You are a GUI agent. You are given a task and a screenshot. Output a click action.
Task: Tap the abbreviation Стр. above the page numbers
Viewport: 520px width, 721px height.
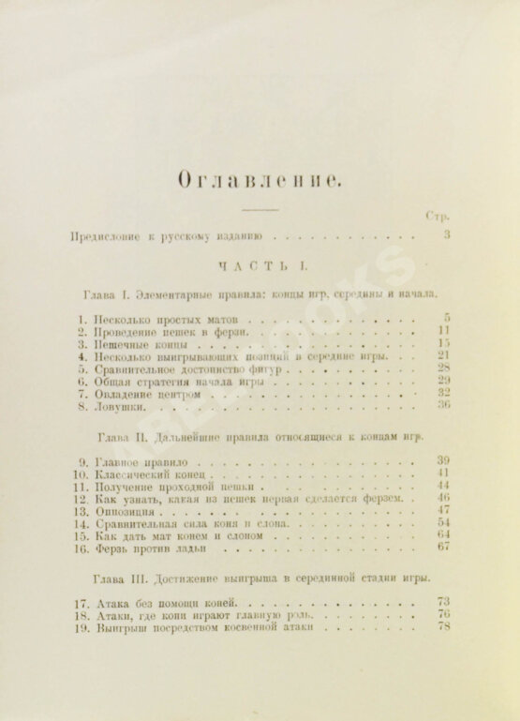point(437,217)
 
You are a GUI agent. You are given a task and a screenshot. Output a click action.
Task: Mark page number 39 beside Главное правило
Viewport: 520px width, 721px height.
point(443,461)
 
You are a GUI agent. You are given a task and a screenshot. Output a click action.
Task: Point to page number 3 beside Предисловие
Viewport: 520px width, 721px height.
point(447,235)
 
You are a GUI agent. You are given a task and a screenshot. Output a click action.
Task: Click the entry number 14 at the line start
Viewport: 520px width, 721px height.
point(82,524)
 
